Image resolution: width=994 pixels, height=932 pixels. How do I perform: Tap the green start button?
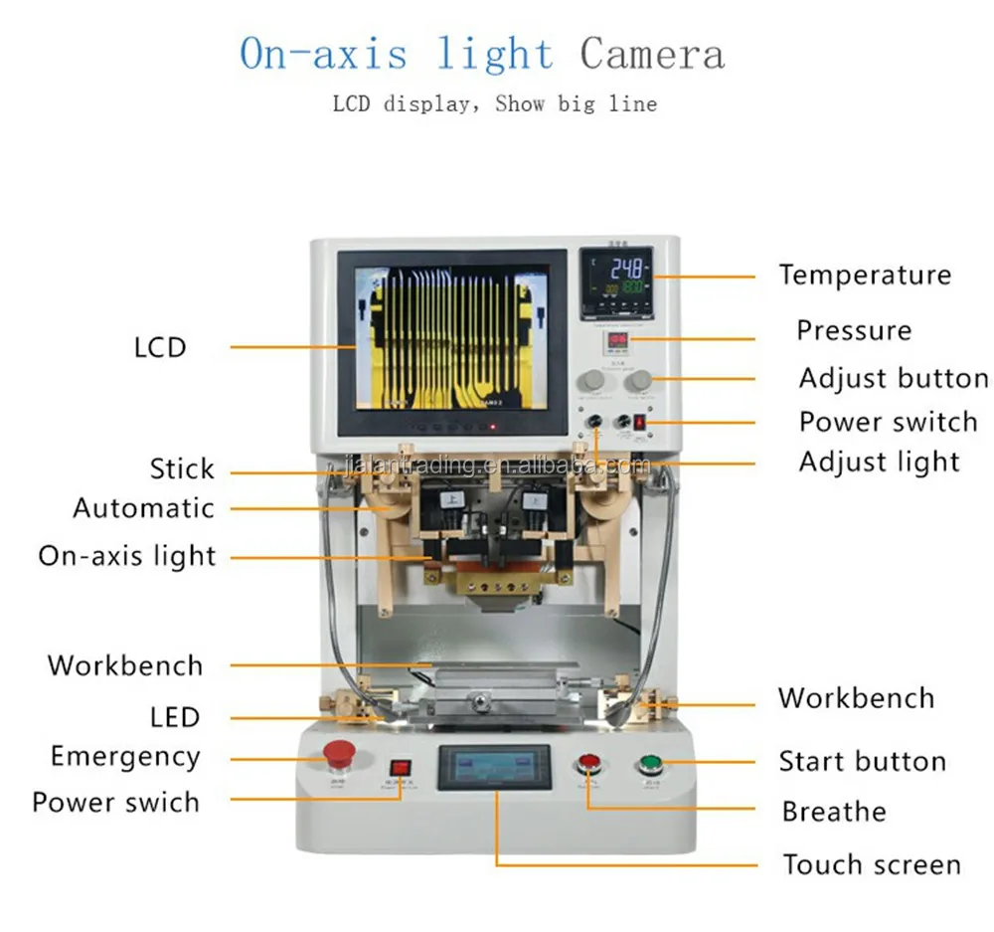point(650,765)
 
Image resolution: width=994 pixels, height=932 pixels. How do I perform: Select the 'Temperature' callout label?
point(865,276)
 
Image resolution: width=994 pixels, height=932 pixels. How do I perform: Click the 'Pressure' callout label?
point(854,330)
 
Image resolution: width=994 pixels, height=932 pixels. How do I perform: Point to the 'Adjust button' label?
point(894,379)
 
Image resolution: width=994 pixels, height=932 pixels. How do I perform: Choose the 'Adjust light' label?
point(880,463)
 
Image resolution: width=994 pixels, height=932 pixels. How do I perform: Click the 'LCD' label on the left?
point(160,347)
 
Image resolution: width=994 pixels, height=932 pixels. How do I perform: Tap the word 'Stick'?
point(182,468)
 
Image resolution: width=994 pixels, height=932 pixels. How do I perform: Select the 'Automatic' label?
point(143,508)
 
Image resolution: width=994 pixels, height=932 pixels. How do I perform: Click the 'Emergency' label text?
point(125,757)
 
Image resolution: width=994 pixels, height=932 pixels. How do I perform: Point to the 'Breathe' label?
point(833,812)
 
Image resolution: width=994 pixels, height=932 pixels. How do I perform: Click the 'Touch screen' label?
point(871,865)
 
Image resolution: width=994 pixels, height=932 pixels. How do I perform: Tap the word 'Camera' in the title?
point(652,55)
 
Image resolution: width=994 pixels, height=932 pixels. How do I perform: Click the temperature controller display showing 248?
point(616,281)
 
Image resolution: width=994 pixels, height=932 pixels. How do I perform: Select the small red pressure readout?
point(617,341)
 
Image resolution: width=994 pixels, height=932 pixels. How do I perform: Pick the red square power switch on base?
point(400,769)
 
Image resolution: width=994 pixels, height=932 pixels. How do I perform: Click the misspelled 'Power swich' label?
point(115,803)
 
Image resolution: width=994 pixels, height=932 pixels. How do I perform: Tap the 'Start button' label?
point(862,763)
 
